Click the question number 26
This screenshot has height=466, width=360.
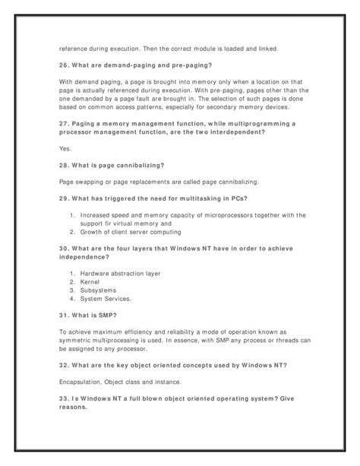pyautogui.click(x=64, y=65)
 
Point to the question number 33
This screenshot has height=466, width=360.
pyautogui.click(x=64, y=398)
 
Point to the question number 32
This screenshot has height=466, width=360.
pyautogui.click(x=64, y=365)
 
